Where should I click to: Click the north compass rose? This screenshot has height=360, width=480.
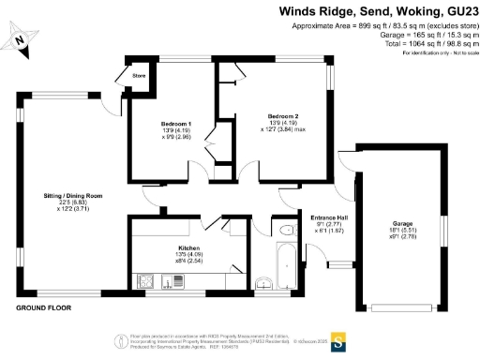click(22, 38)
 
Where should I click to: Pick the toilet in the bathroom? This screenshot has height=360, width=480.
click(286, 230)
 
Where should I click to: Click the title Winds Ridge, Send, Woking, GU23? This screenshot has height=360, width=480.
click(378, 11)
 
